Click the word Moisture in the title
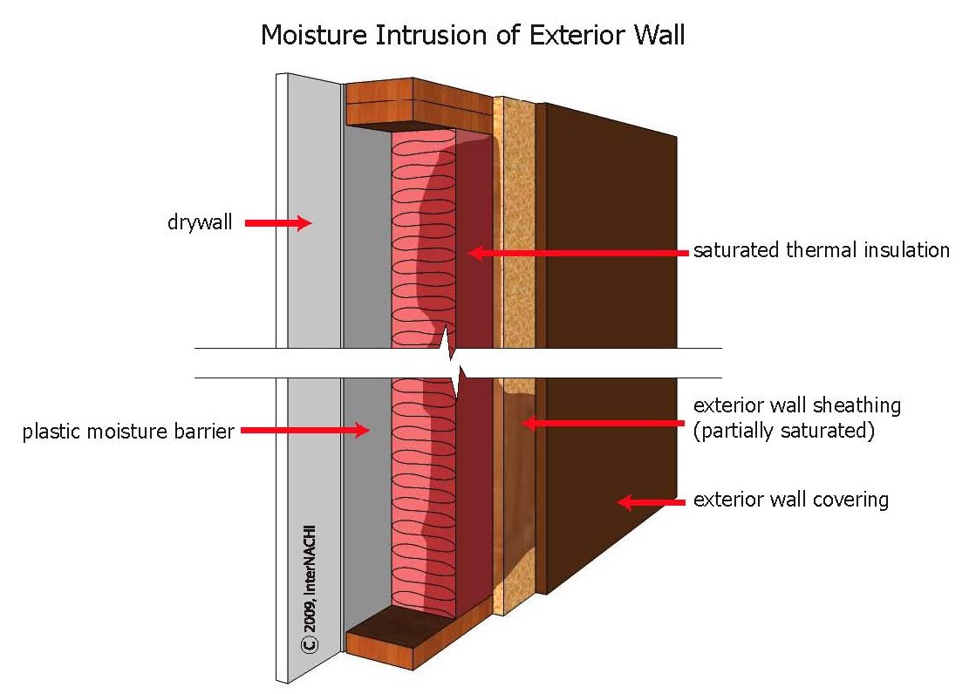pos(314,35)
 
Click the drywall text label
pos(200,222)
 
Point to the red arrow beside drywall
pos(277,223)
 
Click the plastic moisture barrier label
pos(128,431)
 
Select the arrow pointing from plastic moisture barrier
pos(305,430)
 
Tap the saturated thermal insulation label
pos(822,250)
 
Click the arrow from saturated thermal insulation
pos(578,253)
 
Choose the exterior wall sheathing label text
pos(797,405)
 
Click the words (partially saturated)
pos(784,430)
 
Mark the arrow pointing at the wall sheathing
pos(603,423)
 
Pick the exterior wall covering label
pos(791,500)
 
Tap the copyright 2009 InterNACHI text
pos(310,589)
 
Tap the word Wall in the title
pos(659,35)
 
